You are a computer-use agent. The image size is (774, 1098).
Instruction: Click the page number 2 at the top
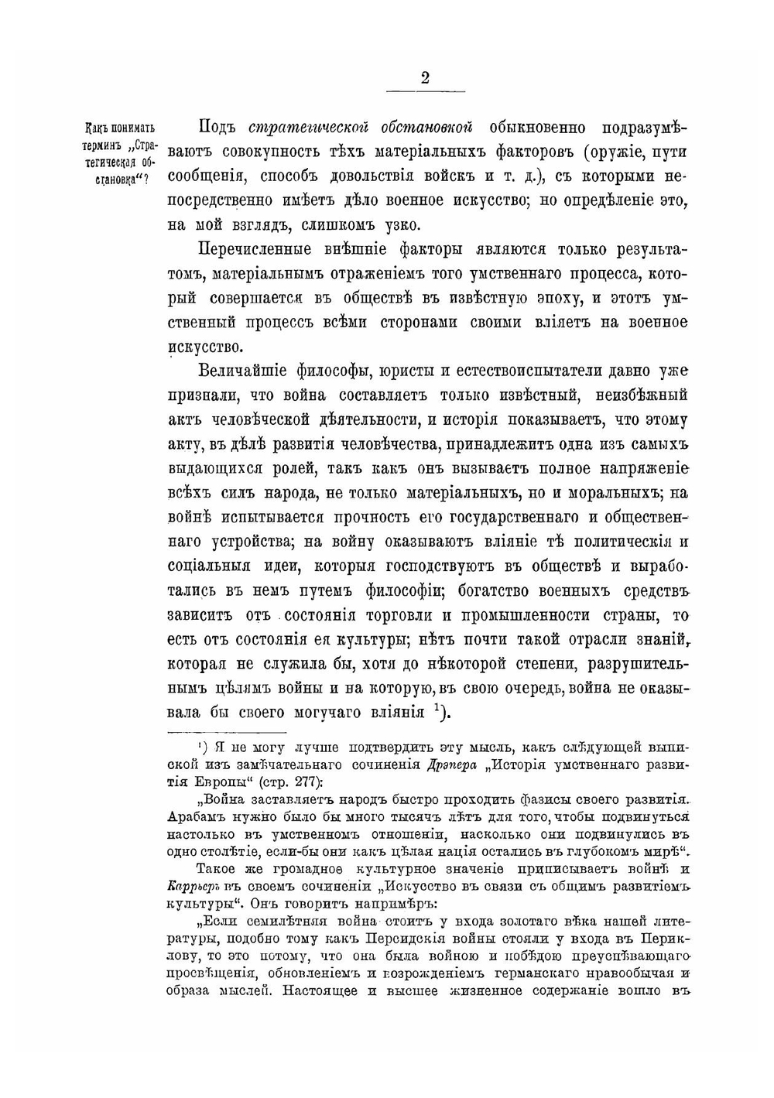(x=425, y=78)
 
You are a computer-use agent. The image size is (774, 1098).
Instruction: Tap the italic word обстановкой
(x=425, y=128)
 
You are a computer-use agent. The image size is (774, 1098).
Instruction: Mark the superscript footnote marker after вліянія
(x=438, y=707)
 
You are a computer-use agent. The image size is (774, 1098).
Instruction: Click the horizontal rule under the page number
(x=425, y=93)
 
